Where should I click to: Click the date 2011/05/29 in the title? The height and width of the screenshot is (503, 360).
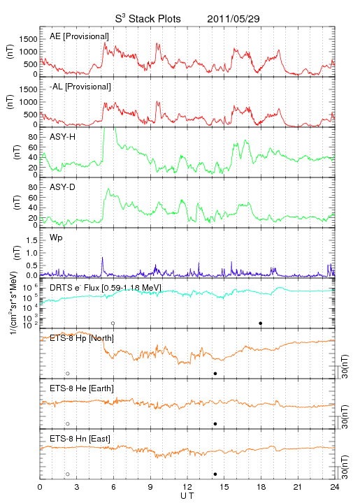(x=233, y=19)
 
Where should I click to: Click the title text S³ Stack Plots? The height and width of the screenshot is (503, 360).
(x=148, y=19)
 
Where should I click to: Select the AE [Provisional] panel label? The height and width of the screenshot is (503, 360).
(x=79, y=36)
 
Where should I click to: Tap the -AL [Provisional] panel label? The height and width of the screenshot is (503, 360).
(x=80, y=87)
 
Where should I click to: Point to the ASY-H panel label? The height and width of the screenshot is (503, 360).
(x=63, y=137)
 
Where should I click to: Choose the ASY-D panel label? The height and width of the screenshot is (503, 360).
(x=63, y=187)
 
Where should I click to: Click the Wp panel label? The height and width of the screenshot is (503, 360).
(x=56, y=238)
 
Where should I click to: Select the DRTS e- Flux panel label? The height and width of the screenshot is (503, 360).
(x=106, y=288)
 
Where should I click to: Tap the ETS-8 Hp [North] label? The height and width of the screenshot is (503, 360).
(x=82, y=338)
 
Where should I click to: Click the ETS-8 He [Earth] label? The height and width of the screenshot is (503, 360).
(x=82, y=388)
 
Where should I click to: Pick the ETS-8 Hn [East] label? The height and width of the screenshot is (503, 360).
(x=80, y=439)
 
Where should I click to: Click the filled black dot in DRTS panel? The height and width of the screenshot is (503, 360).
(x=261, y=323)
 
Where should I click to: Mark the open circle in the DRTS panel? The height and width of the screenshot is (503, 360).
(x=113, y=323)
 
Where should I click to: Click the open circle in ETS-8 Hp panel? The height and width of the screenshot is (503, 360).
(x=68, y=374)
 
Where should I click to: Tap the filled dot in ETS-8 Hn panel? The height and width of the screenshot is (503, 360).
(x=215, y=474)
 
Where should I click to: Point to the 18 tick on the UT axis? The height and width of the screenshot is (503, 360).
(x=261, y=487)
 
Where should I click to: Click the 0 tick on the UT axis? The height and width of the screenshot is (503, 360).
(x=40, y=487)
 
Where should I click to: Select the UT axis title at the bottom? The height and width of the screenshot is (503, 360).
(x=187, y=496)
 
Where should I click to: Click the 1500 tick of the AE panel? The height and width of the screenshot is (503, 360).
(x=28, y=39)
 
